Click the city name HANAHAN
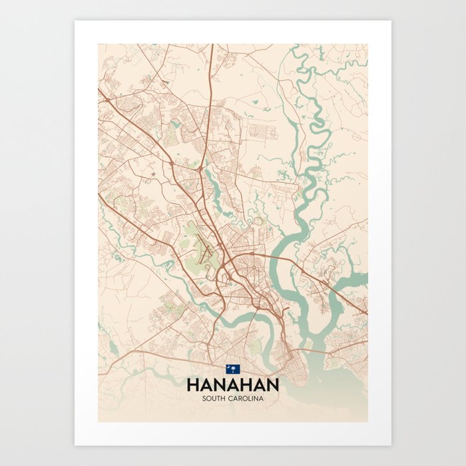pos(232,385)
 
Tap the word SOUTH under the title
pos(215,398)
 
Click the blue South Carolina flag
pos(232,369)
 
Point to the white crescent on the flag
pos(229,367)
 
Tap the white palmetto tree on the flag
pos(233,370)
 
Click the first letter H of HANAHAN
pos(193,385)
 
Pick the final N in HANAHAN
pos(272,385)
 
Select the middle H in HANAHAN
pos(232,385)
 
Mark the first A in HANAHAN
pos(206,385)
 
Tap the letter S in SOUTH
pos(204,398)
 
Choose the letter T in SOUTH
pos(220,398)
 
